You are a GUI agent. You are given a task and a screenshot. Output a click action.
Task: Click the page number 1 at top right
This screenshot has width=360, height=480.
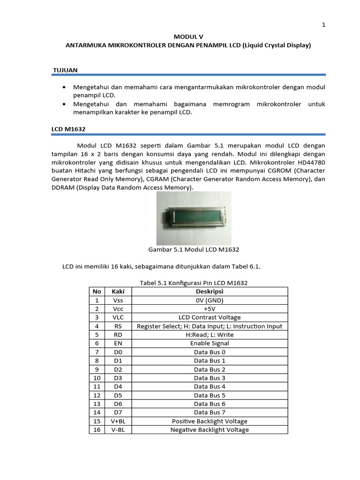coord(323,25)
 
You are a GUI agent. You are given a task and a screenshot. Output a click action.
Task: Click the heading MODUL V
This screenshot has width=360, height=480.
coord(189,36)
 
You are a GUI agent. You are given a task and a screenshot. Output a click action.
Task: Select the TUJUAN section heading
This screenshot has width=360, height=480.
coord(65,70)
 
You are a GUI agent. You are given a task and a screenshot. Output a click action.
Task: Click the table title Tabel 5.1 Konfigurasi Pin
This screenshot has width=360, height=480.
coord(194,283)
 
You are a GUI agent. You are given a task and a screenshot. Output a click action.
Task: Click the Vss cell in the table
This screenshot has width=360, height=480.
coord(118,300)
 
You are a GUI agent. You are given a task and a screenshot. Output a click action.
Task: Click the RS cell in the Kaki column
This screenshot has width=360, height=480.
coord(118,326)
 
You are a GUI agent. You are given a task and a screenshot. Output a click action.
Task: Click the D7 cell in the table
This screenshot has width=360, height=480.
coord(118,412)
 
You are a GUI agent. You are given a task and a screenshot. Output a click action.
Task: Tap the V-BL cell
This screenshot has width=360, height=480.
coord(118,430)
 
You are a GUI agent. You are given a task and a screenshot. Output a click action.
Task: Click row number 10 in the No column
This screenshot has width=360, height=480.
coord(97,378)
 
